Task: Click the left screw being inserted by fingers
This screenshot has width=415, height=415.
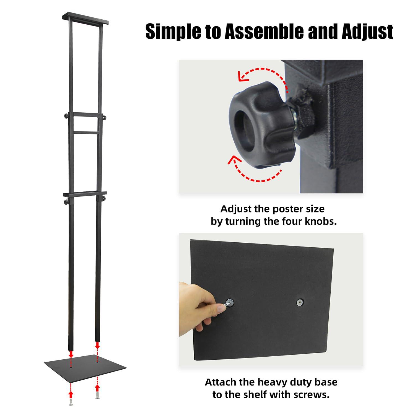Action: [229, 302]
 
